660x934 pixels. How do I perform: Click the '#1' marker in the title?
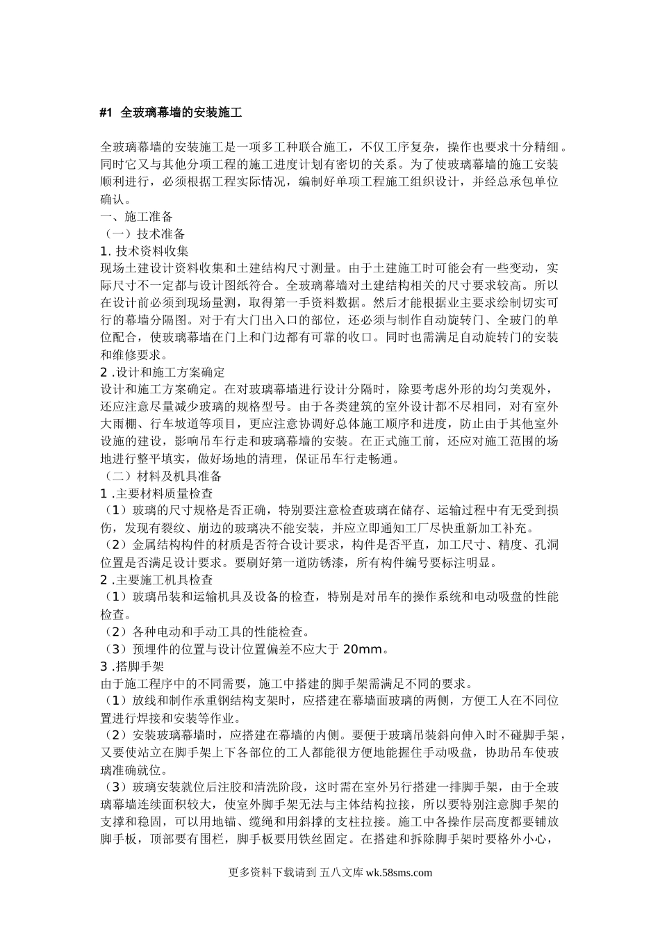pos(106,111)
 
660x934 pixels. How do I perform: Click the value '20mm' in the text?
pos(363,649)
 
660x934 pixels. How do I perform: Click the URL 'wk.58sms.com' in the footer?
pos(398,874)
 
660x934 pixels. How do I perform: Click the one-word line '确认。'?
pos(115,199)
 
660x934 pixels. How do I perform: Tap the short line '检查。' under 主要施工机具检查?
pos(115,614)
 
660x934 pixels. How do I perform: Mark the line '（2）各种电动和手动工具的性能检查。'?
pos(206,632)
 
